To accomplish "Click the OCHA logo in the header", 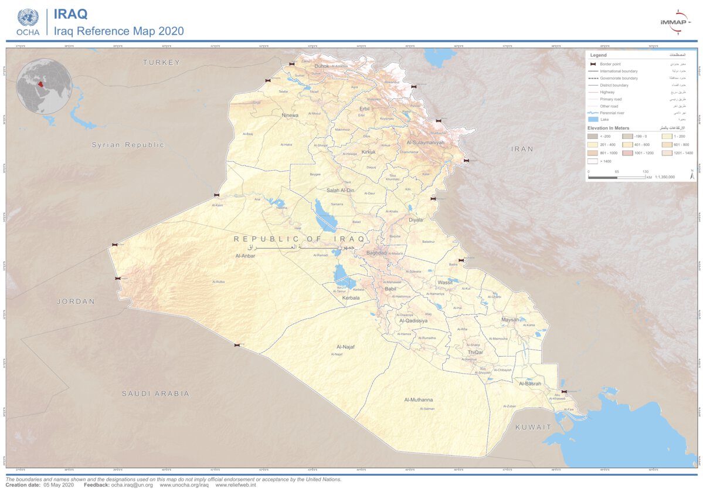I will click(x=28, y=22).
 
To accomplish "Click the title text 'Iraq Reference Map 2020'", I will click(x=119, y=31).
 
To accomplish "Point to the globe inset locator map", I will click(x=44, y=86).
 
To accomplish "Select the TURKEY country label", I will click(x=161, y=62).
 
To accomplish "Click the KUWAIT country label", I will click(x=534, y=427).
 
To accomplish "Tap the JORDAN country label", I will click(x=76, y=301).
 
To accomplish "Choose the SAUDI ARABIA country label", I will click(x=155, y=394).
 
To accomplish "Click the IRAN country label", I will click(x=522, y=149).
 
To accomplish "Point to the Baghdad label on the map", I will click(x=376, y=253).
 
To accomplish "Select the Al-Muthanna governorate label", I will click(x=418, y=399).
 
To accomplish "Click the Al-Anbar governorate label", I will click(x=246, y=256).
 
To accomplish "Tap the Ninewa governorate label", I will click(x=290, y=116).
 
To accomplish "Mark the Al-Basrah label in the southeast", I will click(x=530, y=384).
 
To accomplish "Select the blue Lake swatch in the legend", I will click(x=593, y=119).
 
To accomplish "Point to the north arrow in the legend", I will click(x=691, y=175).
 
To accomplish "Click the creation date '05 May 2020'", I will click(x=57, y=485).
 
